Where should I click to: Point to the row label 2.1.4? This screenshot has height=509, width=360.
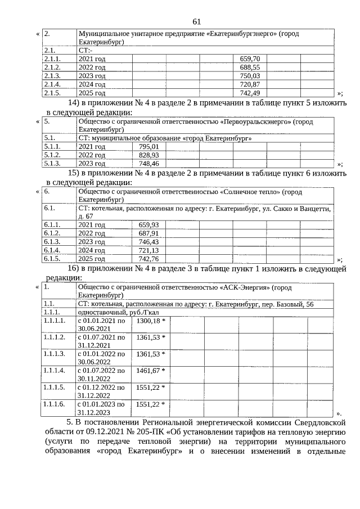click(52, 84)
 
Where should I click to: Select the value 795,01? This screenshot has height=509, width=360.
click(148, 146)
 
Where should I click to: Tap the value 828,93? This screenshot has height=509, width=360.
click(148, 155)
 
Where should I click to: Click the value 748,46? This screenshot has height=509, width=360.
click(148, 164)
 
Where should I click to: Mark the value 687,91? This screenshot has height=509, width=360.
click(148, 233)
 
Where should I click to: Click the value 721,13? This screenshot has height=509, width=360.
click(148, 250)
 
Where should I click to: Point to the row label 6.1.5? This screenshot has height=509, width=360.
click(52, 259)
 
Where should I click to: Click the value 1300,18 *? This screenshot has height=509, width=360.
click(151, 320)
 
